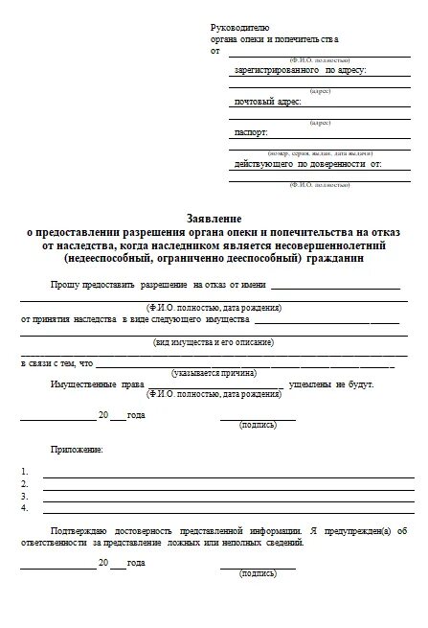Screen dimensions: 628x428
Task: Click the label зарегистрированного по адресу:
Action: point(300,70)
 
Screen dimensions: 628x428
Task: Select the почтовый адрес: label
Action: point(268,101)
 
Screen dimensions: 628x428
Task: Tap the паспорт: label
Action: point(251,131)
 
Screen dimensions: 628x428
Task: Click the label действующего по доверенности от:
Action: point(307,163)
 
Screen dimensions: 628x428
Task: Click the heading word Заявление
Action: point(214,220)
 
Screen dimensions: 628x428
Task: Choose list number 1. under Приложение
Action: point(25,472)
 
